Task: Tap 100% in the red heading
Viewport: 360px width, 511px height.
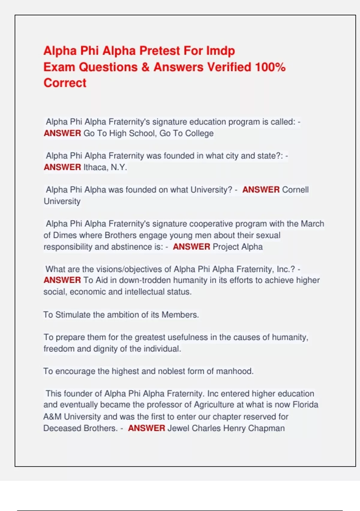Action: [x=270, y=67]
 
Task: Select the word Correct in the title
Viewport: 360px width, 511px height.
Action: [x=65, y=83]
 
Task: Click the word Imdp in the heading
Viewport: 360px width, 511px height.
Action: [x=220, y=51]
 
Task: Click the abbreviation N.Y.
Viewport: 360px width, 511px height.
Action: [x=119, y=167]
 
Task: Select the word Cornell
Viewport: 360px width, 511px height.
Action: [x=295, y=190]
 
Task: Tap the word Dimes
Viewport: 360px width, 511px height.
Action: [x=65, y=235]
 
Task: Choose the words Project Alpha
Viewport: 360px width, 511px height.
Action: [x=238, y=247]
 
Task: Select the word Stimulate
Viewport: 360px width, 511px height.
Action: [x=73, y=315]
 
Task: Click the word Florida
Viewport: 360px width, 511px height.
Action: [x=305, y=405]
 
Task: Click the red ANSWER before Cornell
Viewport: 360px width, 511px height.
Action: [x=261, y=190]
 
